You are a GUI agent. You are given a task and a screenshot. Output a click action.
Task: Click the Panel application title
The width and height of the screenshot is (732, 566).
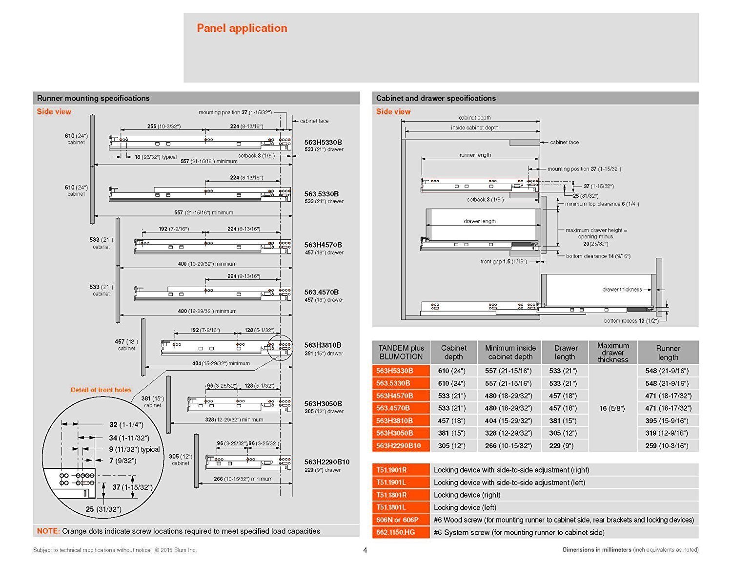tap(242, 28)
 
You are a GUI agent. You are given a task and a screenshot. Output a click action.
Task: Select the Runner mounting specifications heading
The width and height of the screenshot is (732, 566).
tap(93, 98)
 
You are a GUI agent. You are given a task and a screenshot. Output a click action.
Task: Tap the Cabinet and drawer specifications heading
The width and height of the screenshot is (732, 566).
tap(436, 98)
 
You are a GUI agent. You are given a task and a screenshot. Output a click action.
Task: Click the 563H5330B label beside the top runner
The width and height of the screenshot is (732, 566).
tap(323, 142)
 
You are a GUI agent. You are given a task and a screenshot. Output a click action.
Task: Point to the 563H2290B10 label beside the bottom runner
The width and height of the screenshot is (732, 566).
tap(327, 461)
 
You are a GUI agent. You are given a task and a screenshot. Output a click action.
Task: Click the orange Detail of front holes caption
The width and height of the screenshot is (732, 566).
tap(101, 390)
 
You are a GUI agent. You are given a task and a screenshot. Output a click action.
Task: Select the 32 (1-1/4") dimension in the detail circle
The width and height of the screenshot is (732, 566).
tap(126, 425)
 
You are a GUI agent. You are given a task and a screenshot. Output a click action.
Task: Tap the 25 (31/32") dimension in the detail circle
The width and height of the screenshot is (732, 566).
tap(103, 509)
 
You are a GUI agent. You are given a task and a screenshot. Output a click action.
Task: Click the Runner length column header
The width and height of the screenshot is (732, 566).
tap(668, 352)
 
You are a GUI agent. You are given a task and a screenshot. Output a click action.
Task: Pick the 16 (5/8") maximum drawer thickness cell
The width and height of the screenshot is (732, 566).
tap(612, 408)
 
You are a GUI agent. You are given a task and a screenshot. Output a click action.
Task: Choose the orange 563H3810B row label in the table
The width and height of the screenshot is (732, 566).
tap(394, 420)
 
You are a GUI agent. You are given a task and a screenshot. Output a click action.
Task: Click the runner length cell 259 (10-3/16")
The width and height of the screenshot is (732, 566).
tap(667, 445)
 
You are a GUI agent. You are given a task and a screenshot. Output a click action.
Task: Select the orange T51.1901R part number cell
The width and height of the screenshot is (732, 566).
tap(391, 470)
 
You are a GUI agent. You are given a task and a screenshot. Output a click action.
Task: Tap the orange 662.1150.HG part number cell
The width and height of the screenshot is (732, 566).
tap(395, 532)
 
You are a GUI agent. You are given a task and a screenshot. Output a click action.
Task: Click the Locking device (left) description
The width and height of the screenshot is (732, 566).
tap(465, 507)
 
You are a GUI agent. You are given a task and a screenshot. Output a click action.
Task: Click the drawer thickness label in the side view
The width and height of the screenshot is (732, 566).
tap(622, 290)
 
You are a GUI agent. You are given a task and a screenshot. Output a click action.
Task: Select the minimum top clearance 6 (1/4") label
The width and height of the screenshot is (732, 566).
tap(602, 204)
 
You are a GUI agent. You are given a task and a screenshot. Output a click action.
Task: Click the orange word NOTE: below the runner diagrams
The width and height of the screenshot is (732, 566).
tap(48, 531)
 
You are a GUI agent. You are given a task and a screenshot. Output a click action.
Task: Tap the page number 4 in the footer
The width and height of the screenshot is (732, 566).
tap(365, 550)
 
